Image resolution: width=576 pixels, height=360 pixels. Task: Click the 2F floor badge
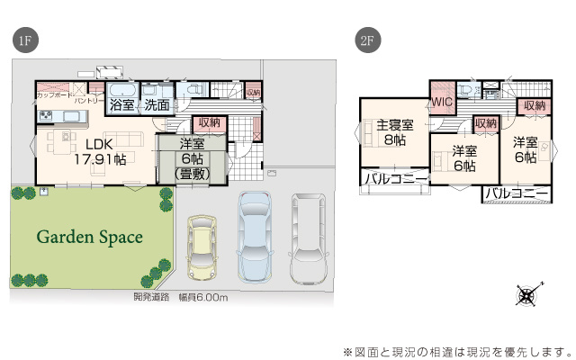coord(366,41)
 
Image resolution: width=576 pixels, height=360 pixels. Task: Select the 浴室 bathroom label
coord(122,104)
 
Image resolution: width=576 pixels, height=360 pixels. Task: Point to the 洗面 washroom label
coord(157,104)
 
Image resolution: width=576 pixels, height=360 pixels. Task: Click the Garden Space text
coord(89,238)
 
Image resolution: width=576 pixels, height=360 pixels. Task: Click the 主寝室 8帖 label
coord(394,132)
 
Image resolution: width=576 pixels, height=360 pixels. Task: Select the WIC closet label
coord(442,103)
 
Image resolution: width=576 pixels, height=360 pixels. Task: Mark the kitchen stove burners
coord(46,116)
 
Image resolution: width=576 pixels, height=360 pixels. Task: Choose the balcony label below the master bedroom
coord(395,180)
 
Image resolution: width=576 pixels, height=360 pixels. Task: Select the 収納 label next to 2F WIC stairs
coord(485,122)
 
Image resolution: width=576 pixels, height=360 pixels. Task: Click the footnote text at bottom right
coord(457,350)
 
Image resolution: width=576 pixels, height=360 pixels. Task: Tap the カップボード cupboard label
coord(52,94)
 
